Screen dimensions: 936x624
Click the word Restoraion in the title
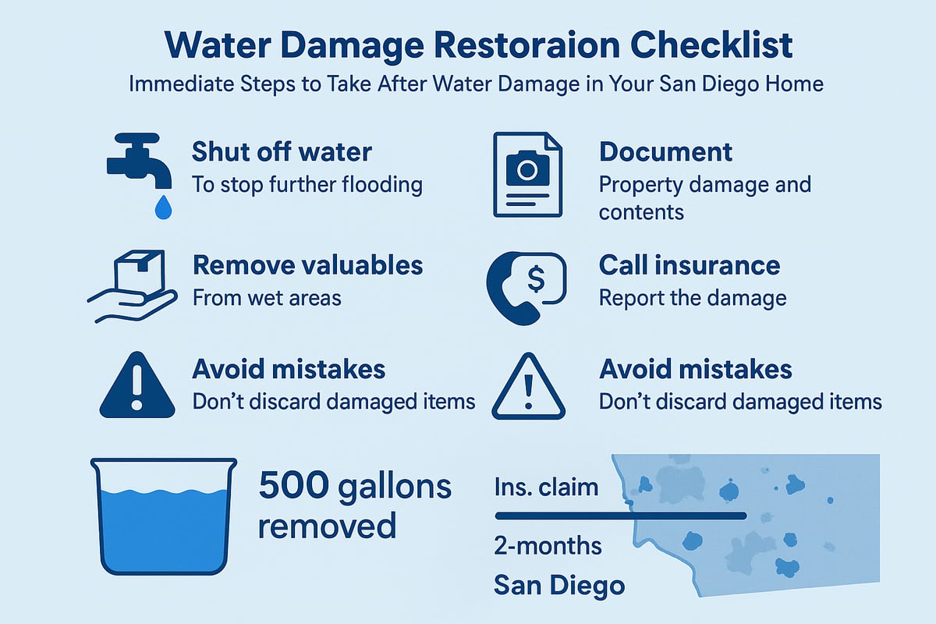(x=527, y=45)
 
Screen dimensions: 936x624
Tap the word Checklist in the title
(x=711, y=45)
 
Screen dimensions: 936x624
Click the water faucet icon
(x=139, y=161)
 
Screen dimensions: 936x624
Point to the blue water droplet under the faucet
(x=163, y=207)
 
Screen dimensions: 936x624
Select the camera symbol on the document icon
(x=527, y=168)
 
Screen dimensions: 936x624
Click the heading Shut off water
(x=282, y=151)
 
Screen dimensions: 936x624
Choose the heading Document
(x=665, y=151)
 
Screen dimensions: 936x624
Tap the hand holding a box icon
(x=133, y=287)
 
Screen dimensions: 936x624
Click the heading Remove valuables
(x=307, y=265)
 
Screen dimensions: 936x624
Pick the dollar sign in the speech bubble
(x=536, y=279)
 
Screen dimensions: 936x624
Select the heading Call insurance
(x=690, y=265)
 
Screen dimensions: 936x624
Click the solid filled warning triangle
(x=137, y=385)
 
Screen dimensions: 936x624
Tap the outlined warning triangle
(x=529, y=386)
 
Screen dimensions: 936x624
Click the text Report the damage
(x=693, y=298)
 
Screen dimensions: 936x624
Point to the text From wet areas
(x=267, y=298)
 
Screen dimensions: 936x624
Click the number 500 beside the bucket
(x=294, y=486)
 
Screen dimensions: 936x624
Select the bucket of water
(x=164, y=516)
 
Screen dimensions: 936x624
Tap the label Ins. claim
(x=546, y=487)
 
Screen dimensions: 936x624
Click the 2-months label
(x=548, y=545)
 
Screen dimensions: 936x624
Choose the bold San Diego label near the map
(x=559, y=586)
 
